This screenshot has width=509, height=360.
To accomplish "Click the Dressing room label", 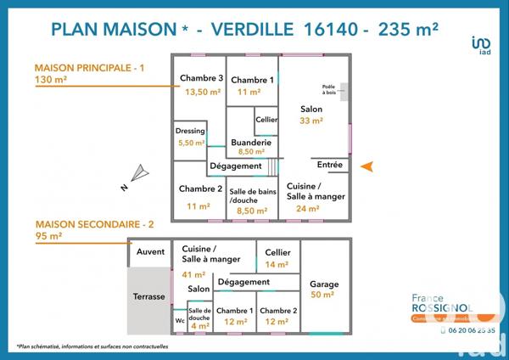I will [190, 132].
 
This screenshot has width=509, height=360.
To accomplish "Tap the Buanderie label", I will [253, 142].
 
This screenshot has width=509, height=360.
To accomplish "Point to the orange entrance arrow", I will [366, 166].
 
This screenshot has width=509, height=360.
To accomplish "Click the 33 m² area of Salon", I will [311, 121].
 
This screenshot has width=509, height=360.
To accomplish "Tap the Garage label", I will [324, 284].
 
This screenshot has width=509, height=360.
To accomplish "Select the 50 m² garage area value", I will [324, 295].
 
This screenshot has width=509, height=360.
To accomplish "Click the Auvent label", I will [150, 252].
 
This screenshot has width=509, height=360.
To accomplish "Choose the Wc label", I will [180, 321].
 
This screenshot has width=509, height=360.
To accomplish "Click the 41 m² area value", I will [194, 274].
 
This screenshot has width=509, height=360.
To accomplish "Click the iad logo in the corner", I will [480, 43].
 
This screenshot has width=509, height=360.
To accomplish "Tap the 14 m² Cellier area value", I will [277, 265].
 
